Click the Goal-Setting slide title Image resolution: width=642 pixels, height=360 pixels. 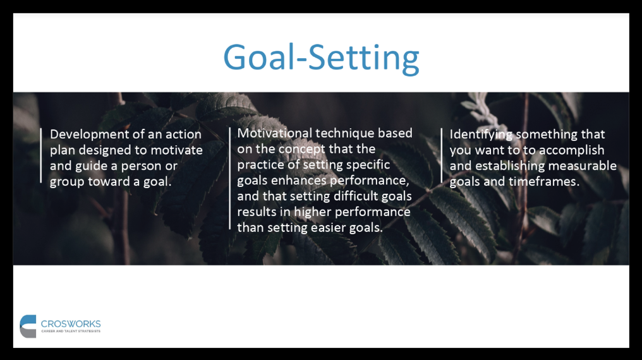click(321, 58)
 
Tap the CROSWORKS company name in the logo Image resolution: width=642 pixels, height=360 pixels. click(71, 324)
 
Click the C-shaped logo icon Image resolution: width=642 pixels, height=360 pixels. click(28, 327)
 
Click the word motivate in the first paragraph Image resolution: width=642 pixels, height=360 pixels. click(176, 150)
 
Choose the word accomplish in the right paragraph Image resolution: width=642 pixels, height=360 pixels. click(572, 150)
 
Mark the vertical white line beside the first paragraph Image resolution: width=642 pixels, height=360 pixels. click(41, 155)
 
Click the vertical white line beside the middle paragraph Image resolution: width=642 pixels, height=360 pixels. click(230, 179)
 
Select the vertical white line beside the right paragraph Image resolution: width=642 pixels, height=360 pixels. click(441, 155)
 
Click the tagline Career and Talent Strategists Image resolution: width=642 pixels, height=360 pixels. click(71, 331)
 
